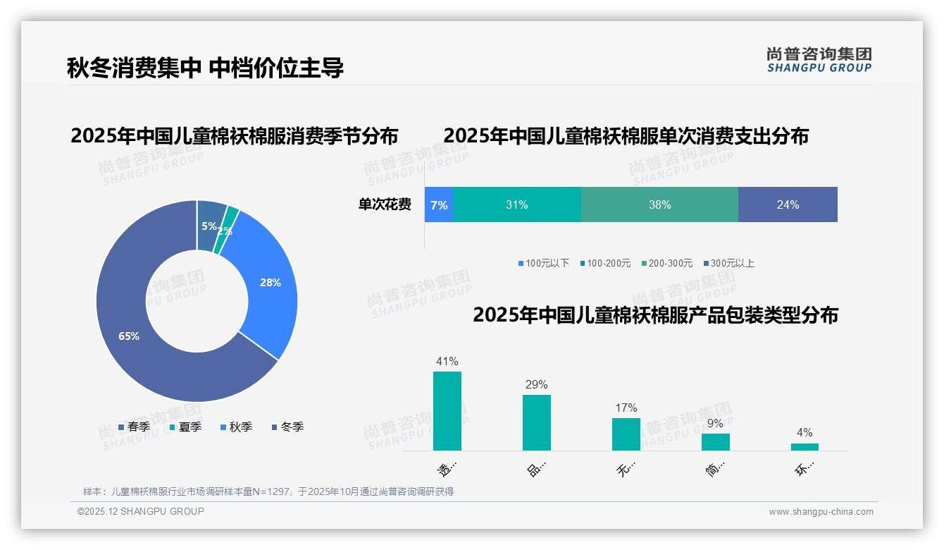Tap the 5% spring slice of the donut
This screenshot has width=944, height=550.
210,224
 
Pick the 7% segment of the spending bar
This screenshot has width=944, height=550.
439,204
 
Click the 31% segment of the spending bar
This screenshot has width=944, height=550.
517,204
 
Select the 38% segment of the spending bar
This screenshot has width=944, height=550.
659,204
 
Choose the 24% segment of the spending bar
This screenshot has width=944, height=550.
788,204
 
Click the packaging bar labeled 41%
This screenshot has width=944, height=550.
447,411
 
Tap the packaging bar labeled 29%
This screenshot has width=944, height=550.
537,422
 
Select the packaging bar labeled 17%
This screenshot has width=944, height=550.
626,434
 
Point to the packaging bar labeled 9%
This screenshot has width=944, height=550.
715,442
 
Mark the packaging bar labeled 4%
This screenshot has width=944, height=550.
805,447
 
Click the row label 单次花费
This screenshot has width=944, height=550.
385,204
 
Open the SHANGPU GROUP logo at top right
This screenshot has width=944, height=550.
819,59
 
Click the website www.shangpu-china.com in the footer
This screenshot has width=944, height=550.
821,512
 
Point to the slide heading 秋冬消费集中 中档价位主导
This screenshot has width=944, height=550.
205,68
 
